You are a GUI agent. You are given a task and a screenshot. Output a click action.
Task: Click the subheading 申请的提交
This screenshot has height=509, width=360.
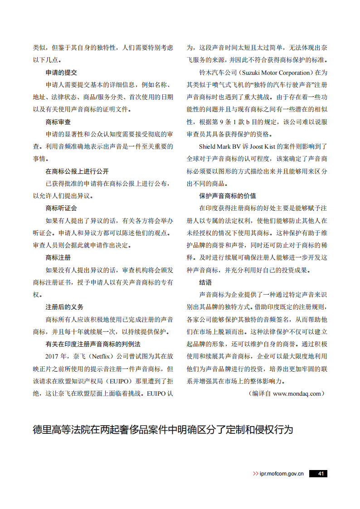[61, 73]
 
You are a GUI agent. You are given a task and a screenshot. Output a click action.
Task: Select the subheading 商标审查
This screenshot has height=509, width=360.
[58, 122]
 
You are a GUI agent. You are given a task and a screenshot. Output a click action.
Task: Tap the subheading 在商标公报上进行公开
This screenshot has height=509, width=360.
[77, 171]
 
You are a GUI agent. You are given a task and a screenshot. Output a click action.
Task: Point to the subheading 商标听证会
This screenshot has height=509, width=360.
[61, 208]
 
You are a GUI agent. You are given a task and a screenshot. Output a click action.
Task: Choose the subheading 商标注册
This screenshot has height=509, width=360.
[58, 257]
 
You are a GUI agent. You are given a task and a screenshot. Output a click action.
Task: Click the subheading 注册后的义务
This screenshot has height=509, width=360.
[64, 307]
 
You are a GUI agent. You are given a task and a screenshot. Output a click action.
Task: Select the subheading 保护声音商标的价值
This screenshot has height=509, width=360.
[228, 196]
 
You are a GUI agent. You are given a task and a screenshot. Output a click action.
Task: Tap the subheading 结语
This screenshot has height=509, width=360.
[205, 282]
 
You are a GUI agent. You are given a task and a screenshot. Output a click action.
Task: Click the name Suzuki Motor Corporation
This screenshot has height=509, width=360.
[275, 73]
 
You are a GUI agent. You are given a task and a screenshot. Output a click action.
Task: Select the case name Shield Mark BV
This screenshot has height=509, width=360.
[219, 146]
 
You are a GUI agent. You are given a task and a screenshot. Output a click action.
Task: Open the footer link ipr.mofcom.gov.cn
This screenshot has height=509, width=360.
[281, 473]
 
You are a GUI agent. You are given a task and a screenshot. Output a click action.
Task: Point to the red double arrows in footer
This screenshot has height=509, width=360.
[256, 473]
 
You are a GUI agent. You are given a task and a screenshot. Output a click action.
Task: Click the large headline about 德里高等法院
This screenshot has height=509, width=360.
[163, 430]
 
